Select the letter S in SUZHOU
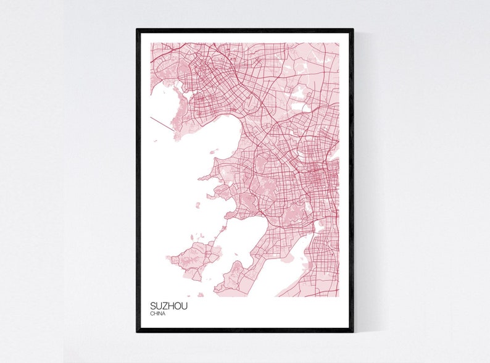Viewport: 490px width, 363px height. [x=152, y=306]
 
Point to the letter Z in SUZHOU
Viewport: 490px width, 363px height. [x=162, y=306]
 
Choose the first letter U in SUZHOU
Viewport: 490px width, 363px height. [x=157, y=306]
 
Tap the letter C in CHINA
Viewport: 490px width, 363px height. [x=151, y=314]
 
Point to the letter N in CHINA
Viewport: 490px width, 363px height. [x=159, y=314]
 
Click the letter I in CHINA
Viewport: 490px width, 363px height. [x=157, y=314]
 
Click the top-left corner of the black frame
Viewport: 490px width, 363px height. [x=138, y=30]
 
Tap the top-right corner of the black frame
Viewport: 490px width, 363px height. [x=353, y=30]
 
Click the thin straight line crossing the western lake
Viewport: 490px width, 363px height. [x=162, y=123]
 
